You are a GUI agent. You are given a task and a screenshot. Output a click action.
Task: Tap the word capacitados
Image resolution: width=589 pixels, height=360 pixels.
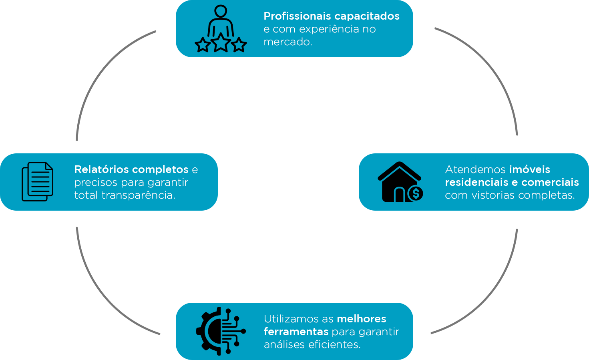(367, 16)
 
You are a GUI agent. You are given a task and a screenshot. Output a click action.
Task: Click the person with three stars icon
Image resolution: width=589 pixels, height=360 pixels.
(221, 29)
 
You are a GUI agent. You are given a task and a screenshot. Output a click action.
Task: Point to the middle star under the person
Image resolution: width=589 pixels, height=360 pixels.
(221, 43)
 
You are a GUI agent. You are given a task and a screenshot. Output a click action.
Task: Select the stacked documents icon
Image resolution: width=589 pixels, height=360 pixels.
(37, 181)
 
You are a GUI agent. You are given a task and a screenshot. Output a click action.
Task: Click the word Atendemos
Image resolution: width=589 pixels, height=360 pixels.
(475, 169)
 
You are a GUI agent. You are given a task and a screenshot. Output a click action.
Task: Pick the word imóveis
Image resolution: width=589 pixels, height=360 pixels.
(529, 169)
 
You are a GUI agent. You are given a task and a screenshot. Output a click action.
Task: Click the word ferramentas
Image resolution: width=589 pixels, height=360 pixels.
(296, 332)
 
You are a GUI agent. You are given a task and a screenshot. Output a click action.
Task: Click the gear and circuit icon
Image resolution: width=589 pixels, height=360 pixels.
(221, 331)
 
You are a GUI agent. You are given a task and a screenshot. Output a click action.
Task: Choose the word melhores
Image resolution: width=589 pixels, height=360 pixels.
(361, 319)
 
